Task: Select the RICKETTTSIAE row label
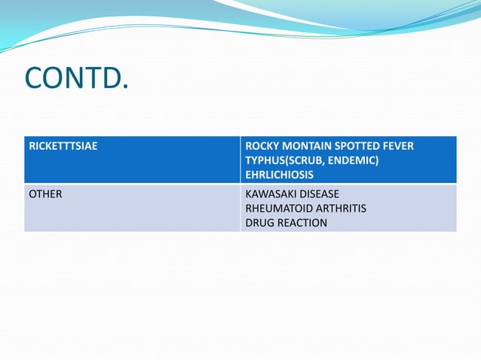(63, 145)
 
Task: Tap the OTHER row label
(45, 194)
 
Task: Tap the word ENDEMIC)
(353, 160)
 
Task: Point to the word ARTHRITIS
(341, 208)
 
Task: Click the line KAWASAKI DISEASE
(293, 194)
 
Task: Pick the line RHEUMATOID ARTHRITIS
(306, 208)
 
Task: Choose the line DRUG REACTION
(286, 223)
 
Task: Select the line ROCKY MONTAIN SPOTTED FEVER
(329, 145)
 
